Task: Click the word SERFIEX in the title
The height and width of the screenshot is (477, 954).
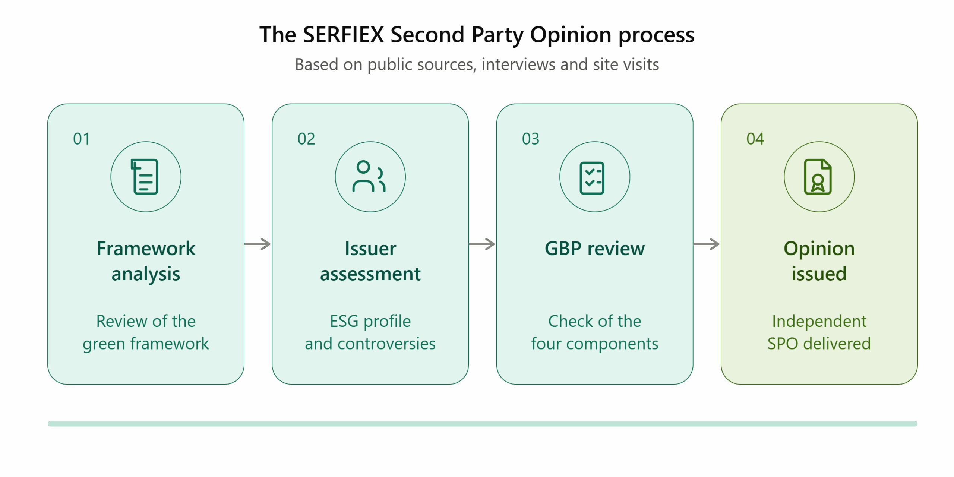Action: [343, 35]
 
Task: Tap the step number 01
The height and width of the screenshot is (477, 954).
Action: [81, 139]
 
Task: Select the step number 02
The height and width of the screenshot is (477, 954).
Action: [306, 139]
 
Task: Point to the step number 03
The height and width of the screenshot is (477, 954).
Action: [530, 139]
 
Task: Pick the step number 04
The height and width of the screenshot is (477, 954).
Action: [755, 139]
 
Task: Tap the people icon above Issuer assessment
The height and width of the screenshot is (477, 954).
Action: [369, 176]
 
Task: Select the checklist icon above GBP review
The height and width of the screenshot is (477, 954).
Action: [592, 178]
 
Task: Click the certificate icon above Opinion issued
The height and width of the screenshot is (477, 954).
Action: [818, 177]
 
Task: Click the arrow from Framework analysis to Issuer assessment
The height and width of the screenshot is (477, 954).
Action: [258, 244]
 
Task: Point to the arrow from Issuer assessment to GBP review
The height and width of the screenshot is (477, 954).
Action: [482, 244]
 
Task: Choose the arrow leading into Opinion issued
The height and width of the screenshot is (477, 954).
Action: [706, 244]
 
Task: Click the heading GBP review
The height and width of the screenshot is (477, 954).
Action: [595, 249]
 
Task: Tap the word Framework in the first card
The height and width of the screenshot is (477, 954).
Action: [146, 249]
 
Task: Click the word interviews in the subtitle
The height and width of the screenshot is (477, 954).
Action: [518, 64]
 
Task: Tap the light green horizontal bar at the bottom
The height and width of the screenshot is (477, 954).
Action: [483, 424]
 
